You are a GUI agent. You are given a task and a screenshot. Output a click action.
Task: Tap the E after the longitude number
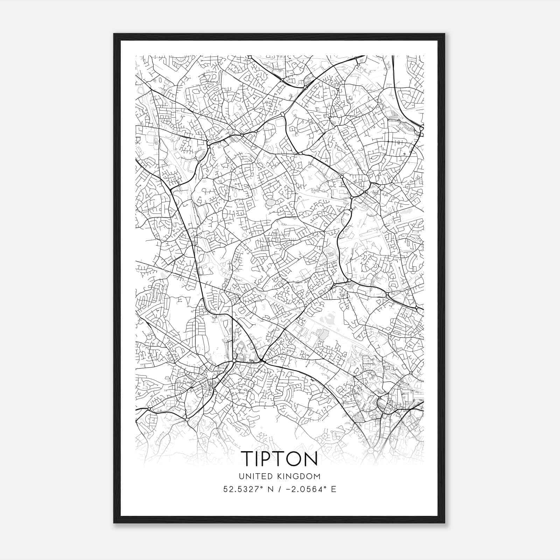[x=334, y=489]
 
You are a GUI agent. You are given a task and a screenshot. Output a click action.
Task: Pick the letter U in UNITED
[x=241, y=476]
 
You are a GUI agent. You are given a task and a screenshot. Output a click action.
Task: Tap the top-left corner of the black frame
[x=114, y=34]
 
